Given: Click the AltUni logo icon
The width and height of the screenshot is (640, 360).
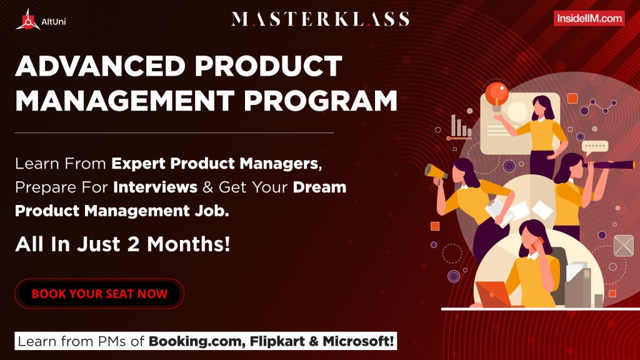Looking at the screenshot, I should click(x=27, y=19).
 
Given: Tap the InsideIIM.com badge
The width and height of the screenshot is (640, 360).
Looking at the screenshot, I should click(x=589, y=19).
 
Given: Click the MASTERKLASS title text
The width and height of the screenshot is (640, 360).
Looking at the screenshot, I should click(x=320, y=19).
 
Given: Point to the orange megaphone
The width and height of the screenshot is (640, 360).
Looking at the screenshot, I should click(x=436, y=171).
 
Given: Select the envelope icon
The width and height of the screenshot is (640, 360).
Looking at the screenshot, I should click(x=623, y=246).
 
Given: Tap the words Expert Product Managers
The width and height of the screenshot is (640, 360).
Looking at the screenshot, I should click(x=216, y=164).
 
